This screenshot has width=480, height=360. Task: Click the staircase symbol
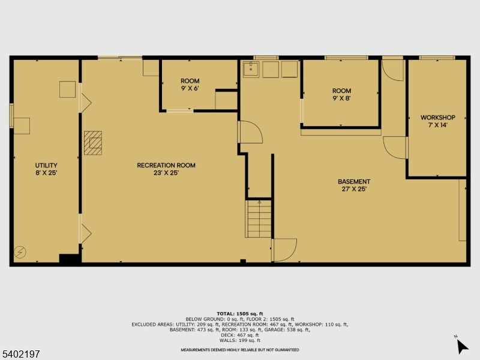(259, 219)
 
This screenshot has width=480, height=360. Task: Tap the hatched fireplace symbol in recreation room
(93, 143)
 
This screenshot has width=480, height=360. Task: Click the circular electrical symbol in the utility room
(20, 253)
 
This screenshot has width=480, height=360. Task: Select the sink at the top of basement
(251, 70)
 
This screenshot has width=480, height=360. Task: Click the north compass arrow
(461, 346)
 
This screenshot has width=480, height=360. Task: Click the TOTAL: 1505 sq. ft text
(240, 314)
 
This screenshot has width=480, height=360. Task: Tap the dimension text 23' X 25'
(166, 173)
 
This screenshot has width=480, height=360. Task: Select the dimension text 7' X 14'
(437, 125)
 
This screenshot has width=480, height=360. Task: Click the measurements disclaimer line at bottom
(240, 350)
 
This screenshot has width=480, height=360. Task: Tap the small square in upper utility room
(67, 89)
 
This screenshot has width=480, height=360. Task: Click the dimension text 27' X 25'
(354, 189)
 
